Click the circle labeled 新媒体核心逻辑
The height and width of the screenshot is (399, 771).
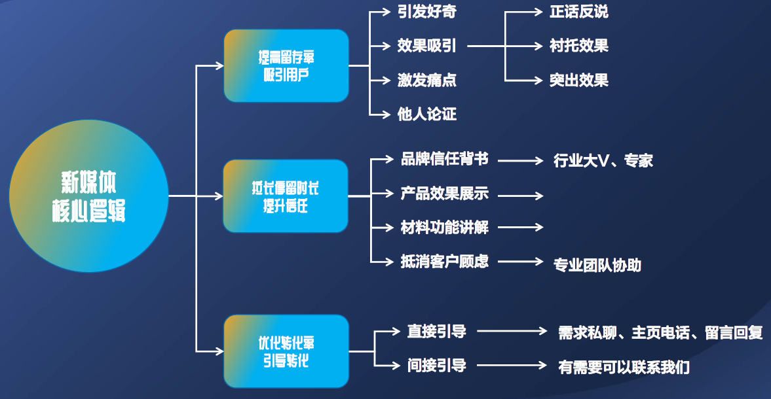coord(88,196)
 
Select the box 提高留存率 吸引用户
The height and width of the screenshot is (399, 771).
coord(286,65)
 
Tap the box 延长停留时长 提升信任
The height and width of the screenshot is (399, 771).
coord(286,196)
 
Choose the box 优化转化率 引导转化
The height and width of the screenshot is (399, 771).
coord(286,351)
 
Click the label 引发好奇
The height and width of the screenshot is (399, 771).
coord(427,12)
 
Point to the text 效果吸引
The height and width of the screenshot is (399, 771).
coord(427,46)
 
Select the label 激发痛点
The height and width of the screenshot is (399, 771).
coord(427,80)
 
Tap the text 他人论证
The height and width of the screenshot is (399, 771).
coord(427,114)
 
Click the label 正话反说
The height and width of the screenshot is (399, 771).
coord(579,12)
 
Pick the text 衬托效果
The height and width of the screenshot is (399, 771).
coord(579,46)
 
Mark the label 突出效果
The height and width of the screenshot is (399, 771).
coord(579,80)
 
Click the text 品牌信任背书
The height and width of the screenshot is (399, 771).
coord(445,160)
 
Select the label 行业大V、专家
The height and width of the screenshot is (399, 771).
coord(603,161)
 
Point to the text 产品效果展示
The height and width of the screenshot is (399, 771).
coord(445,194)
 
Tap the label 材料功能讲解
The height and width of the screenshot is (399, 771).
coord(445,228)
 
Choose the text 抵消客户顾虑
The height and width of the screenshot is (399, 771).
coord(445,262)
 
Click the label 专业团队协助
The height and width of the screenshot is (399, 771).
coord(597,265)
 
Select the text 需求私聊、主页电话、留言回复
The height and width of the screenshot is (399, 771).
coord(660,332)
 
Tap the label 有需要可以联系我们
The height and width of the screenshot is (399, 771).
coord(624,367)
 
